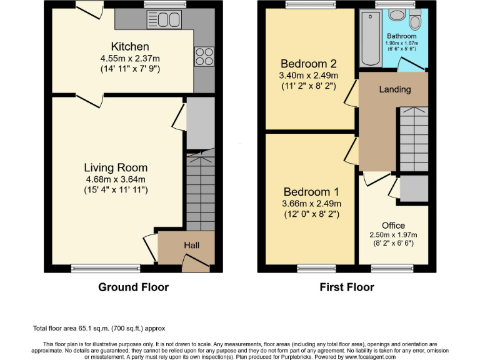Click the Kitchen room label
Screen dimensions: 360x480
(x=130, y=47)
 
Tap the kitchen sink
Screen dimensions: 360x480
(x=164, y=20)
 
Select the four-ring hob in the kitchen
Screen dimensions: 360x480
(x=204, y=56)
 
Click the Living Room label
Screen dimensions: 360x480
(x=116, y=167)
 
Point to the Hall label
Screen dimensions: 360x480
(x=191, y=246)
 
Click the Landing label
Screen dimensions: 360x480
(x=395, y=89)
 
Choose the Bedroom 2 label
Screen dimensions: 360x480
(x=308, y=64)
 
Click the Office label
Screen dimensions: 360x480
(x=393, y=226)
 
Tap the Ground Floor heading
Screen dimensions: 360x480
(x=133, y=287)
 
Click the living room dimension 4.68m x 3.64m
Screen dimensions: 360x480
(x=116, y=179)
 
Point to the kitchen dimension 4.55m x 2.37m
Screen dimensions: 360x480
(x=130, y=58)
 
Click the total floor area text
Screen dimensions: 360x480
(x=99, y=328)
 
